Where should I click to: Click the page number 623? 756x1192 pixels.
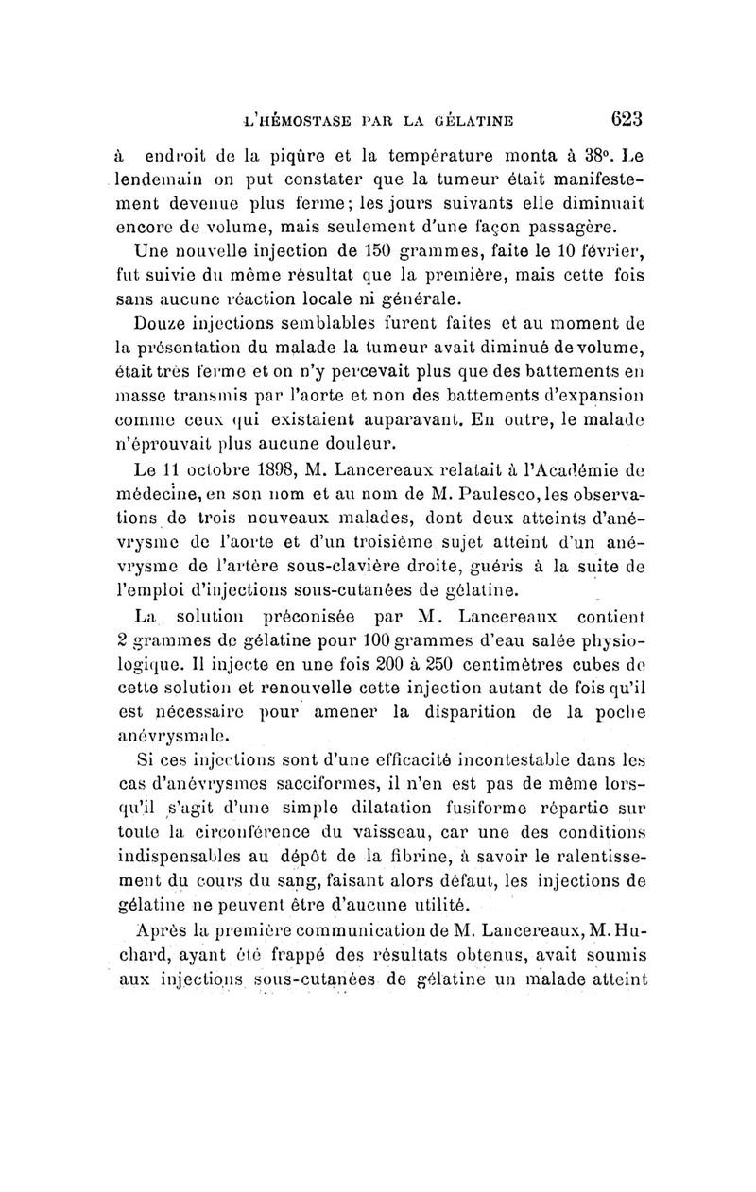point(626,120)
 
